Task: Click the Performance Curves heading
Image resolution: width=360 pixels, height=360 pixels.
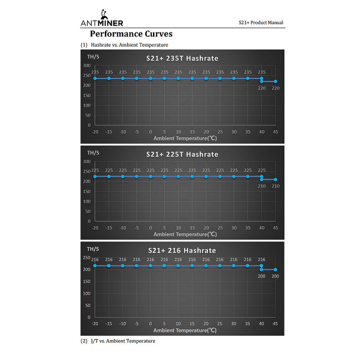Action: click(131, 34)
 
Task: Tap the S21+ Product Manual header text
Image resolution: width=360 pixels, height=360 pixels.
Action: click(261, 22)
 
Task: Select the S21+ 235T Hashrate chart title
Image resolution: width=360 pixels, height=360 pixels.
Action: click(182, 58)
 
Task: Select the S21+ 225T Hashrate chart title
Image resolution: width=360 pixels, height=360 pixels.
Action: click(182, 154)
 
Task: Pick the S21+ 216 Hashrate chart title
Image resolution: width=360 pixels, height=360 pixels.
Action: click(182, 251)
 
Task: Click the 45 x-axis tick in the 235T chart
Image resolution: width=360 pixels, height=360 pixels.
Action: click(275, 131)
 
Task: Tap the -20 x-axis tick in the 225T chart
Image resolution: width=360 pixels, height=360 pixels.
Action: click(95, 228)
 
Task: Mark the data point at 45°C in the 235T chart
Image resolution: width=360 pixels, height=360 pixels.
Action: click(275, 81)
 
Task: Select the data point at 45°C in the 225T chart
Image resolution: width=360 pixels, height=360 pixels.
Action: click(275, 180)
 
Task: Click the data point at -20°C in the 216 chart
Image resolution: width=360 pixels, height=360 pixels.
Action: click(95, 266)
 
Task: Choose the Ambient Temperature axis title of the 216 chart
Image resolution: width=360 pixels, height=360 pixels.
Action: click(185, 330)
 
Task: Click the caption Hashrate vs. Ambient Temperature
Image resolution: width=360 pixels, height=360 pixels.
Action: click(130, 45)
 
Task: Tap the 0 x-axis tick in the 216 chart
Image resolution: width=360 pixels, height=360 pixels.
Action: click(150, 324)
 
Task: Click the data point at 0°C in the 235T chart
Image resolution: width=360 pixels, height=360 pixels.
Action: click(150, 78)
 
